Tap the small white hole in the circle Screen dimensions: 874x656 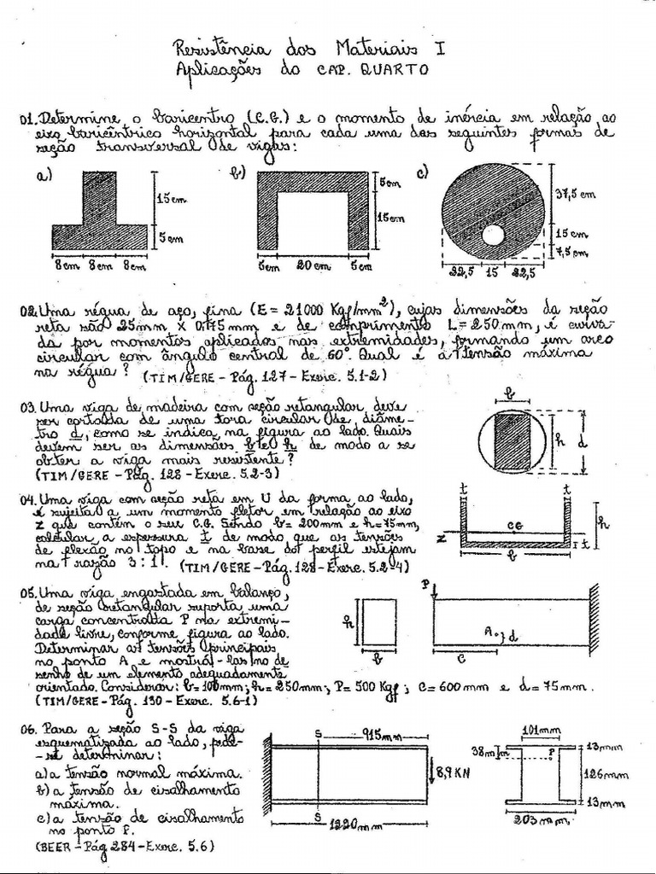coord(493,233)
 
